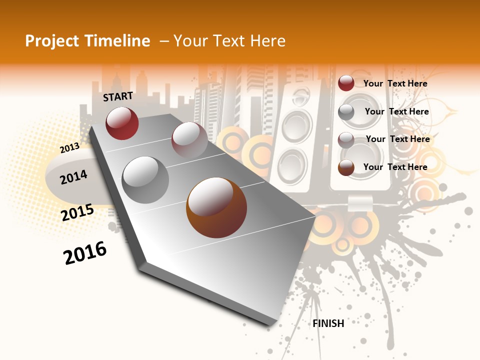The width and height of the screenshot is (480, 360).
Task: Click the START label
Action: (x=118, y=96)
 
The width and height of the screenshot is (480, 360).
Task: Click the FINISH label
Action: (x=328, y=323)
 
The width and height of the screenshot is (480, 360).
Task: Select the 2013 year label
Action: (x=69, y=148)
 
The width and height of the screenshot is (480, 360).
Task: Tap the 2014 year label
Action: (x=73, y=177)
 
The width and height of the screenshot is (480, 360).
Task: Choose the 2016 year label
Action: (x=85, y=253)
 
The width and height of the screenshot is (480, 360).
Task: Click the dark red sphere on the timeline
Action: (x=122, y=123)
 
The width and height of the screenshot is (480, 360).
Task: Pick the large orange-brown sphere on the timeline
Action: (x=216, y=207)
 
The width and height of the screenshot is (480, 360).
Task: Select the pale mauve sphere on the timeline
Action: (x=189, y=139)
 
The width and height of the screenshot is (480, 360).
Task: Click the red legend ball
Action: (x=346, y=83)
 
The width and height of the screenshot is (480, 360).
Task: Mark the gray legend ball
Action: (x=346, y=112)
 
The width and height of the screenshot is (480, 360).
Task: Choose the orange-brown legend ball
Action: (x=346, y=167)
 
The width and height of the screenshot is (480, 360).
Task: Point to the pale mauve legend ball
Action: (x=346, y=139)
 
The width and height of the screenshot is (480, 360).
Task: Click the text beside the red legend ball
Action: (x=395, y=83)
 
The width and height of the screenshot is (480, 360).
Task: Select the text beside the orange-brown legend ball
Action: (x=395, y=167)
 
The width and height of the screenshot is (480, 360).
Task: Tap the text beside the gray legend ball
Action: (x=396, y=111)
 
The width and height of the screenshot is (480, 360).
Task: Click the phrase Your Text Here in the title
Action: (x=229, y=41)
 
